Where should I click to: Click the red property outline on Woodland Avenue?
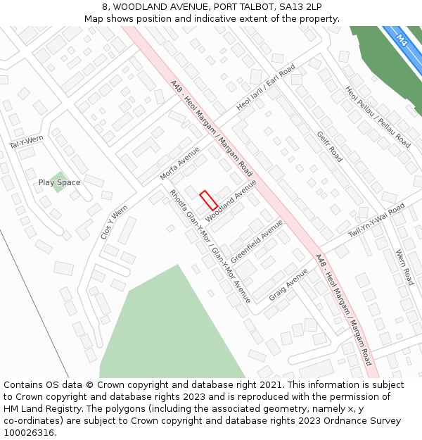pos(208,200)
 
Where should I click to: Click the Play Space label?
pos(59,183)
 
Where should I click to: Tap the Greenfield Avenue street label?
pos(257,241)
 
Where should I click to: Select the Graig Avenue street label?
pos(288,284)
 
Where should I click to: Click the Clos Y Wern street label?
pos(114,222)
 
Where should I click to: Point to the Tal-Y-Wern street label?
pos(26,142)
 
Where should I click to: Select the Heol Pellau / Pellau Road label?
pos(377,117)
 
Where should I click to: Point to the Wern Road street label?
pos(404,267)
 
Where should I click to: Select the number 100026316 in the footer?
pos(28,433)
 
